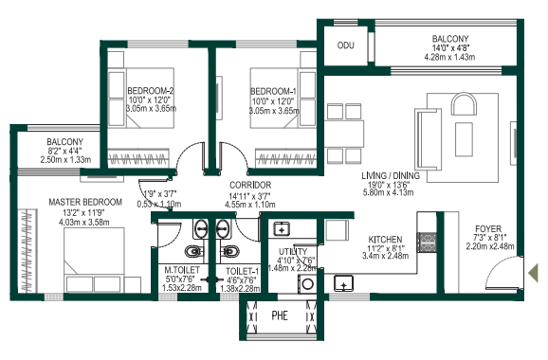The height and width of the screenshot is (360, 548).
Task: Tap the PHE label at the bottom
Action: pos(280,315)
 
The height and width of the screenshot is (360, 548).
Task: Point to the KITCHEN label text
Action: pos(385,240)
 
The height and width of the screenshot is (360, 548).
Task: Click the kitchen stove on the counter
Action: pos(341,281)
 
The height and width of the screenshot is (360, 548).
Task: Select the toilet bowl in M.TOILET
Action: pos(190,252)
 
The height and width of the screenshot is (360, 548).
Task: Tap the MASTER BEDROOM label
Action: pos(85,202)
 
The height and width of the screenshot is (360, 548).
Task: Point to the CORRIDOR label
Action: pos(251,185)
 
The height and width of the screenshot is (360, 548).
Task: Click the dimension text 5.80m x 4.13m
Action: pos(389,193)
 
